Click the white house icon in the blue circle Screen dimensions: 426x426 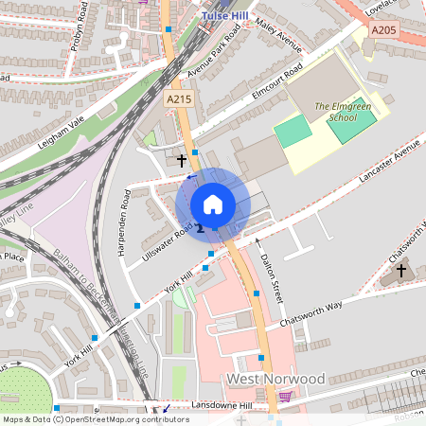[213, 204]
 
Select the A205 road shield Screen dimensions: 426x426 [383, 31]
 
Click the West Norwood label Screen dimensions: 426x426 [275, 379]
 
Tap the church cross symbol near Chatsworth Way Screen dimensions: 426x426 [400, 272]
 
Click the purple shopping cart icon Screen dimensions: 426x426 [286, 398]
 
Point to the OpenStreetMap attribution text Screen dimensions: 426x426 [96, 418]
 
